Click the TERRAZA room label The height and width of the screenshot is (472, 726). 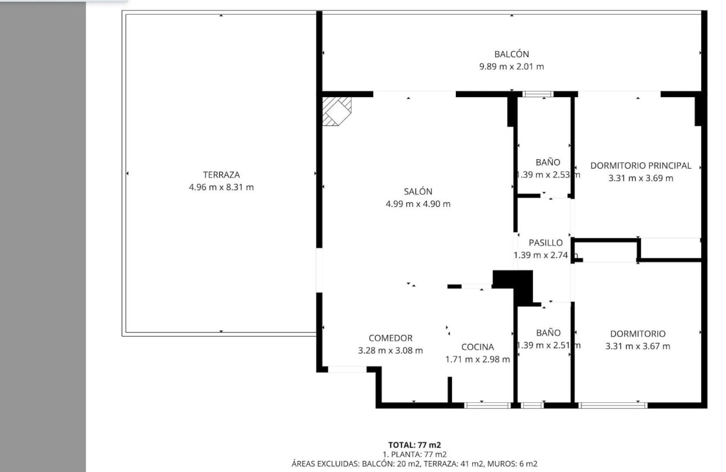(x=221, y=175)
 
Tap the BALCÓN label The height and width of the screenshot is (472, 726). (x=512, y=55)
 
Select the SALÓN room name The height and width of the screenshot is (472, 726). (x=418, y=192)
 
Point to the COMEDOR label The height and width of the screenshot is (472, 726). (x=390, y=338)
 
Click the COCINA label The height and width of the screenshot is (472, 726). (x=477, y=347)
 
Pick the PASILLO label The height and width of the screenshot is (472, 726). (x=545, y=243)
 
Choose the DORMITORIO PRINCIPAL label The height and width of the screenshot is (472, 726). (x=640, y=166)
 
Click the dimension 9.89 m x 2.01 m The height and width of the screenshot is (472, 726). (x=512, y=67)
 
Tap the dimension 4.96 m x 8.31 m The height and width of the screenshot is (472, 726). (x=221, y=187)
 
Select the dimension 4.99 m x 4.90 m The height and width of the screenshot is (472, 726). (x=418, y=204)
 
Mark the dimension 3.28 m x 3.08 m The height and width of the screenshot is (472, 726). (x=390, y=351)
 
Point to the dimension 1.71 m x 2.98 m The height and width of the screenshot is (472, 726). (x=477, y=360)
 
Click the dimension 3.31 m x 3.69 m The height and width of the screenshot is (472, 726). (x=640, y=179)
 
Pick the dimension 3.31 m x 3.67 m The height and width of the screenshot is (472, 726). (x=638, y=346)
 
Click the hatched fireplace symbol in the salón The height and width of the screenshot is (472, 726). (x=337, y=111)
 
